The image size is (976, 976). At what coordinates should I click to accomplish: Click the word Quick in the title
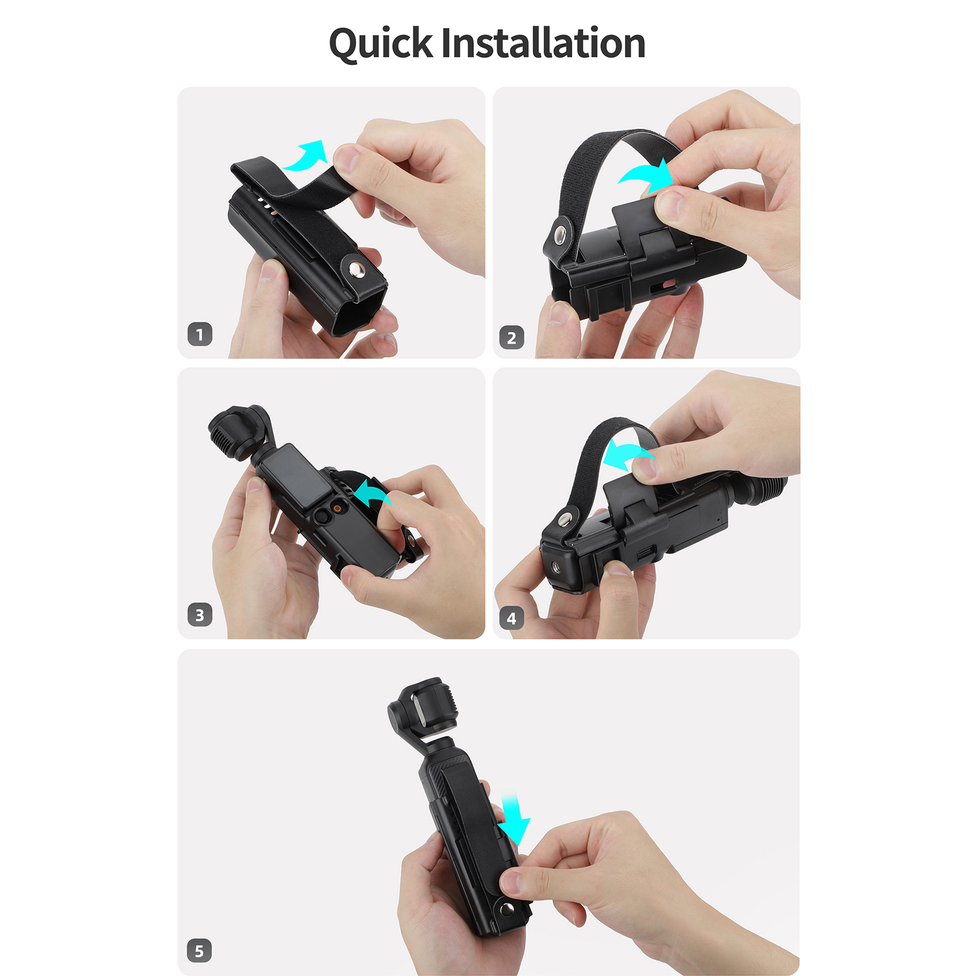[x=381, y=44]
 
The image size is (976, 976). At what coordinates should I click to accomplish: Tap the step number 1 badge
[x=200, y=334]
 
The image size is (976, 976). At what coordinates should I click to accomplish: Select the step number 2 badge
[x=512, y=337]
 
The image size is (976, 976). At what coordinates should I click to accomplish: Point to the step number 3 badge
[x=200, y=615]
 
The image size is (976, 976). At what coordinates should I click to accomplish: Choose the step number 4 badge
[x=512, y=619]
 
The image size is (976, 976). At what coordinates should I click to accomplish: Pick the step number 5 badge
[x=199, y=950]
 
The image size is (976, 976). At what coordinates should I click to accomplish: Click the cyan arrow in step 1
[x=307, y=157]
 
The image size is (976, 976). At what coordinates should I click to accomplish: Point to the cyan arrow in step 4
[x=626, y=454]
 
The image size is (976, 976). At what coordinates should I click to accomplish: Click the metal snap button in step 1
[x=356, y=270]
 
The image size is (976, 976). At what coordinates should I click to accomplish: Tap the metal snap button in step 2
[x=561, y=234]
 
